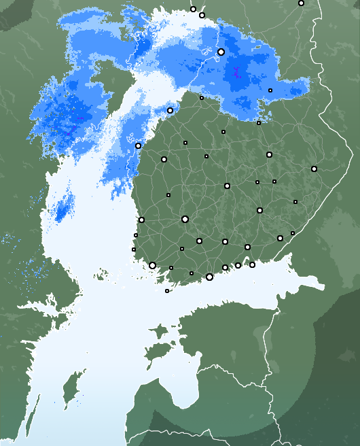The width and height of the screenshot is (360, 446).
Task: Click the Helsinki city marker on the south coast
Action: (209, 277)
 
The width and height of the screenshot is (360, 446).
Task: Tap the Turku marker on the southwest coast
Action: (152, 266)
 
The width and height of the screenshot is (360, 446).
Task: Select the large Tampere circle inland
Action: (185, 219)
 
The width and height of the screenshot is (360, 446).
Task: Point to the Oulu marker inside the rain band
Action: (221, 52)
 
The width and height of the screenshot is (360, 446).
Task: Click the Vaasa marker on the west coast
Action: (138, 145)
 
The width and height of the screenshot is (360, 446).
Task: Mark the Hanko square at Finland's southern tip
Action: (167, 291)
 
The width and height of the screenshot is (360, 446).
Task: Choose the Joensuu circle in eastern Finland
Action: (314, 169)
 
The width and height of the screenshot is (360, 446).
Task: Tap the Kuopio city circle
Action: (269, 155)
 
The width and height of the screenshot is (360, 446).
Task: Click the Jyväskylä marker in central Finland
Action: (227, 186)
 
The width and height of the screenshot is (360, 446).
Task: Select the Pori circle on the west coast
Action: (141, 220)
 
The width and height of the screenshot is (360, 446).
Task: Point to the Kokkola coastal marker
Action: (170, 111)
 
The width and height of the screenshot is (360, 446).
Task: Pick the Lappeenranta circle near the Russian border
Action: (280, 238)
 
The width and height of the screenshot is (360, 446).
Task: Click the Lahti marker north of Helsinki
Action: (225, 241)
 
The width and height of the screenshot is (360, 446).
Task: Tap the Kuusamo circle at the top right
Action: (301, 3)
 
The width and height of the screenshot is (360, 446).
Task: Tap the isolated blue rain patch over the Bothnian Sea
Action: (64, 207)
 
